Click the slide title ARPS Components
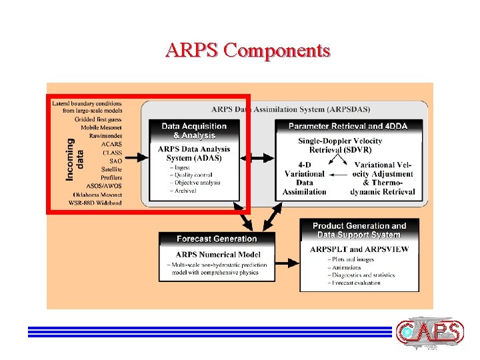pos(248,51)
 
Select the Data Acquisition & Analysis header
pos(194,130)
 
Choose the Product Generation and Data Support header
pos(359,230)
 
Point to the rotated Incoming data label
pos(75,159)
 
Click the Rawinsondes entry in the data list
pos(105,135)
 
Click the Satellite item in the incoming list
pos(110,169)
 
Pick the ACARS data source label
pos(111,144)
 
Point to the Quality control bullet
pos(195,175)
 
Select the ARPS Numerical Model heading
pos(217,254)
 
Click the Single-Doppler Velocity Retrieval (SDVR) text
pos(340,145)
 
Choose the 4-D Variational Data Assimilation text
pos(304,178)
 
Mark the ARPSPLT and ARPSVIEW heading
pos(359,249)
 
